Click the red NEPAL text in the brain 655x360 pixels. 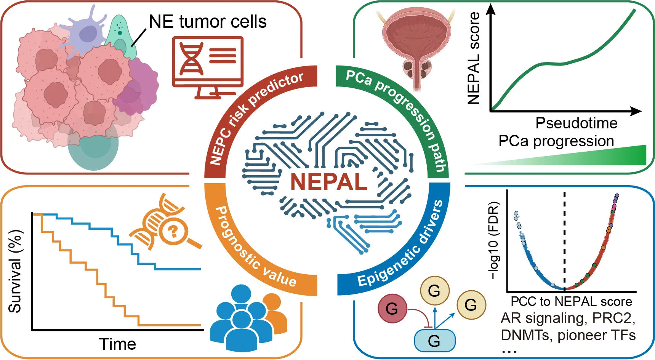[x=328, y=182]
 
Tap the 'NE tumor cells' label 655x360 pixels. [x=208, y=22]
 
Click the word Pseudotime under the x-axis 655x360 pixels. [x=576, y=123]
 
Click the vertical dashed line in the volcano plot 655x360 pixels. [x=564, y=236]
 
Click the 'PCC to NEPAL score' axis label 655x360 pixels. [x=571, y=301]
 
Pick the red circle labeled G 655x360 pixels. [x=392, y=308]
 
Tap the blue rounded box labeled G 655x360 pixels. [x=434, y=340]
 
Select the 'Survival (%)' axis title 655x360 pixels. [x=15, y=271]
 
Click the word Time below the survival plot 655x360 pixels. [x=117, y=344]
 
